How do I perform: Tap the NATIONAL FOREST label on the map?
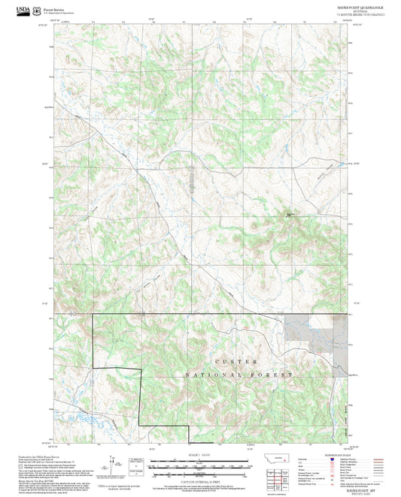[x=239, y=374]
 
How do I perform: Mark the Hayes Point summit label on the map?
[x=289, y=216]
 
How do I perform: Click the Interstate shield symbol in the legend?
[x=333, y=459]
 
